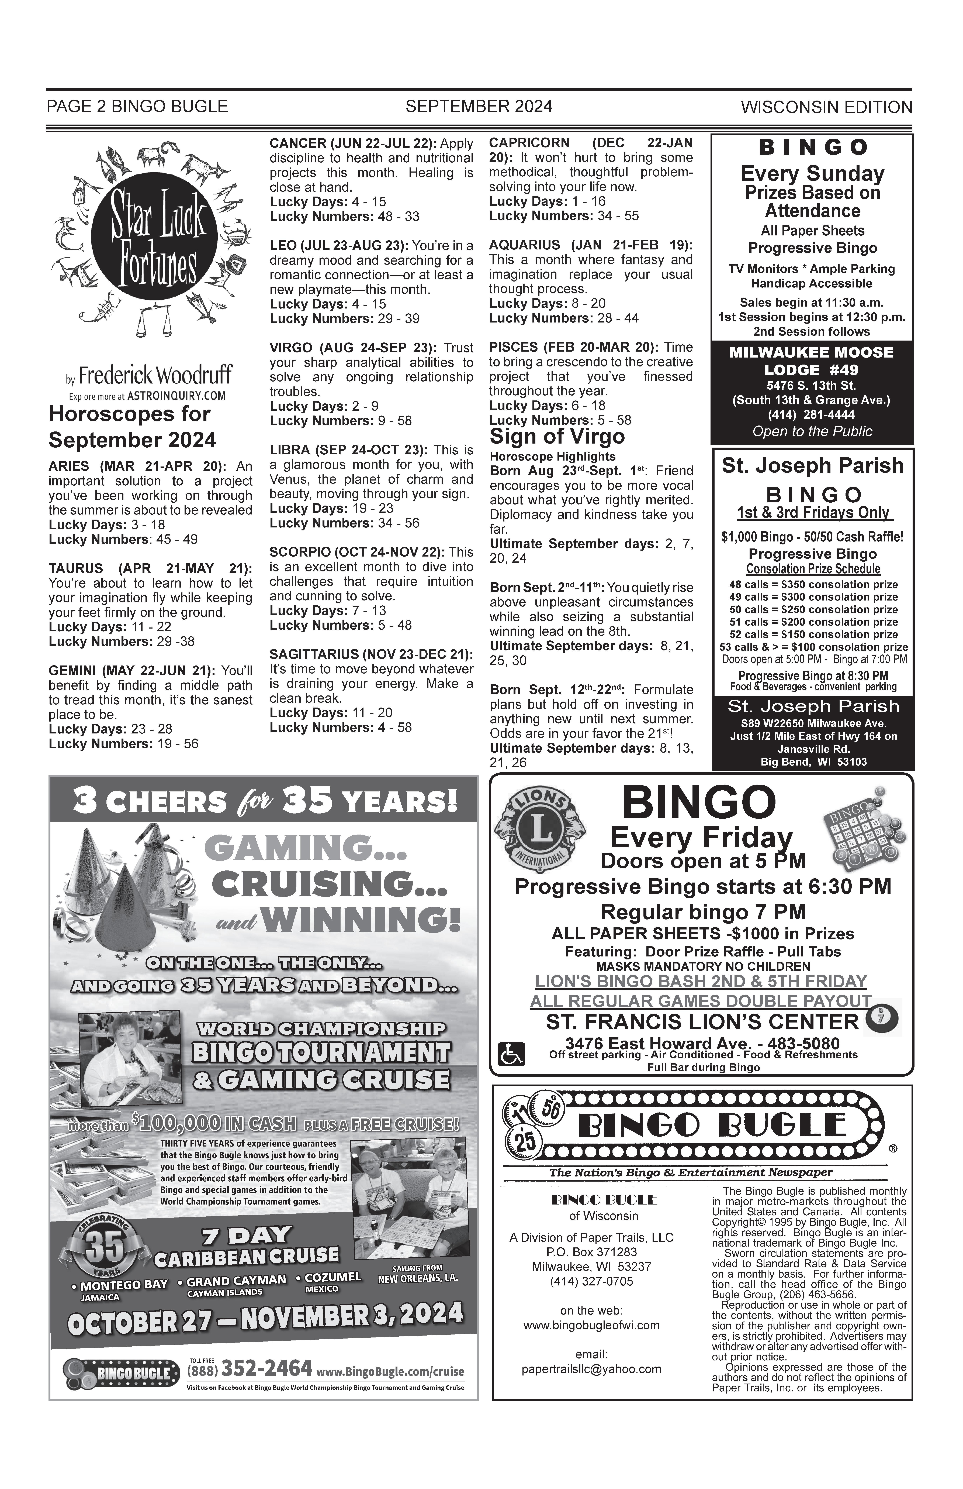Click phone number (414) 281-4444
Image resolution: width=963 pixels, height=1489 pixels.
(x=812, y=414)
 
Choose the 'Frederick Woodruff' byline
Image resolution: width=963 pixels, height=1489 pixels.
(x=155, y=376)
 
